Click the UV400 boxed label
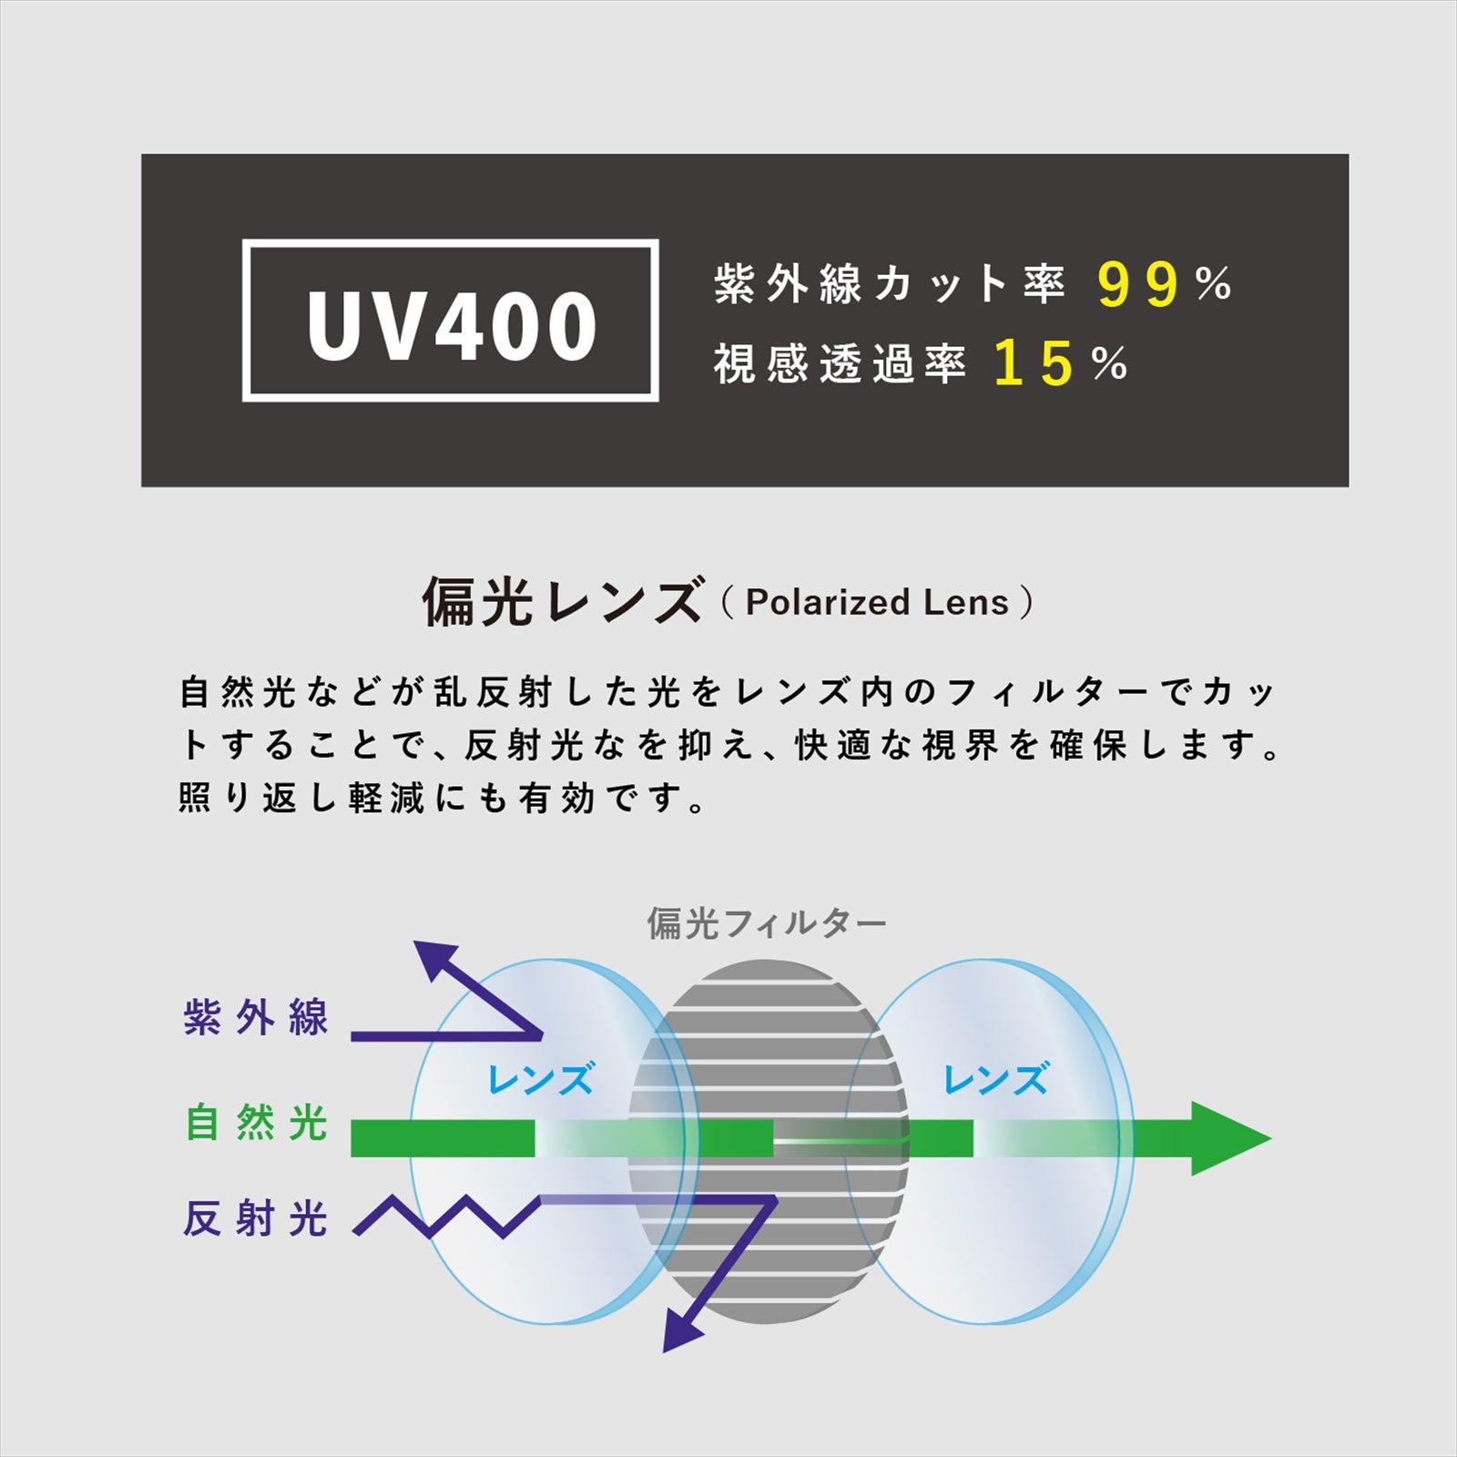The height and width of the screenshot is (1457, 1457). coord(451,321)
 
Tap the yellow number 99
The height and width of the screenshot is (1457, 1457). coord(1138,284)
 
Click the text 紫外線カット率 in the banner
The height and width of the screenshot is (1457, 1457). coord(889,284)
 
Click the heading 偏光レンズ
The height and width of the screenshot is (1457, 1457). coord(562,601)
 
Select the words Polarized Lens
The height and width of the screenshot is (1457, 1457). coord(877,602)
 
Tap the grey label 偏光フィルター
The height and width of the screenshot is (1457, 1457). coord(767,923)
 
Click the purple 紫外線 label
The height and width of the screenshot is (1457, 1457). coord(255,1017)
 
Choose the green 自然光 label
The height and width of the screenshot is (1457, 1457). coord(256,1122)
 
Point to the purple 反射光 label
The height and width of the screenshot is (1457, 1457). coord(255,1218)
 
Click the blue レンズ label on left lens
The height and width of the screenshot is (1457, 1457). coord(541,1079)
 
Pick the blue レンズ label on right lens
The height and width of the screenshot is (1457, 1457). coord(996,1079)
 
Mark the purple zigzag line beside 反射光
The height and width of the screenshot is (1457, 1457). coord(446,1216)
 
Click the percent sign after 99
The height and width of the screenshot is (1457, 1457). coord(1214,283)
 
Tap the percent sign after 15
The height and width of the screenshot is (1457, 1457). coord(1110,364)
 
